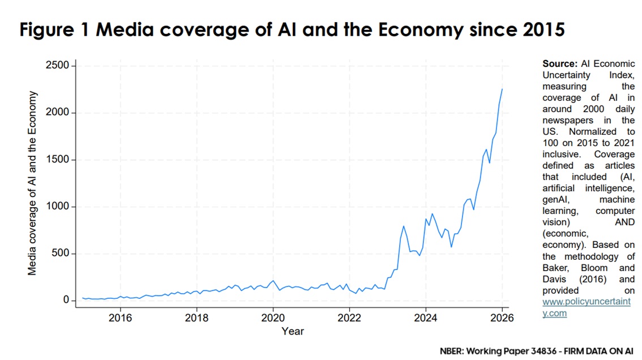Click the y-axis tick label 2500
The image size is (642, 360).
tap(57, 66)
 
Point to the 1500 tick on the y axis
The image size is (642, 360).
tap(57, 160)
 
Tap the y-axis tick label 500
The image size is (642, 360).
tap(60, 254)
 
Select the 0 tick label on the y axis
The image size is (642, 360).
tap(66, 301)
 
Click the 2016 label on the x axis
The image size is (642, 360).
tap(120, 318)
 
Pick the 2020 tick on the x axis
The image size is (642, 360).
tap(273, 318)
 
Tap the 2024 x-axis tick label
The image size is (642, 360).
tap(426, 318)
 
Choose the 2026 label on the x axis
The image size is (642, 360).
tap(502, 318)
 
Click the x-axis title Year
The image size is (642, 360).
tap(293, 331)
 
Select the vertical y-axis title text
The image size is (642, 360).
tap(32, 183)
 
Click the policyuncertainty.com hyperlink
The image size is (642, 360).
tap(586, 308)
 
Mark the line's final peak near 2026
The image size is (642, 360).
tap(502, 89)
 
